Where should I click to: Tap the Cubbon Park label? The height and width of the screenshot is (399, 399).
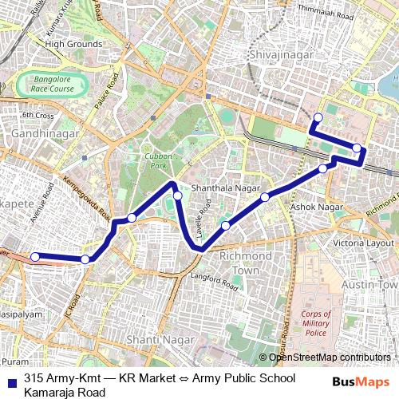pos(158,161)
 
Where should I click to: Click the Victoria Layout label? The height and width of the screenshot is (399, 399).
pos(363,243)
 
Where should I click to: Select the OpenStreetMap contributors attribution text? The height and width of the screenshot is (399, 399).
pos(329,358)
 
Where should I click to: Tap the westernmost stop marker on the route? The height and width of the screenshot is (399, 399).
pos(34,256)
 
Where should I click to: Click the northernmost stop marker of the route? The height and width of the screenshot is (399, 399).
pos(318,118)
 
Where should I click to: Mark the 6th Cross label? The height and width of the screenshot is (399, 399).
pos(38,115)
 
